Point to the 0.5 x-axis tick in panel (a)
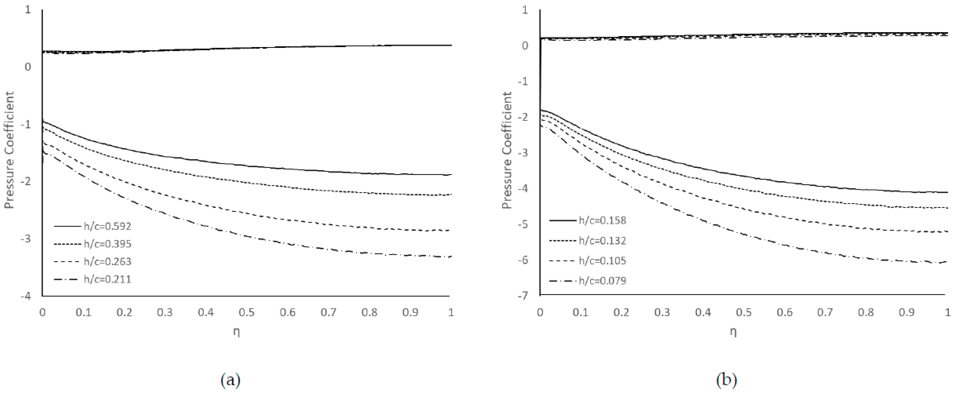[x=247, y=313]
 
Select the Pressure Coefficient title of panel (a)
[x=9, y=150]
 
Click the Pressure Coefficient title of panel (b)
[x=507, y=150]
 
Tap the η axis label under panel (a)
[x=236, y=332]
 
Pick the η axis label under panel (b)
[x=733, y=332]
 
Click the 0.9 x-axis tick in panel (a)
[x=410, y=313]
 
